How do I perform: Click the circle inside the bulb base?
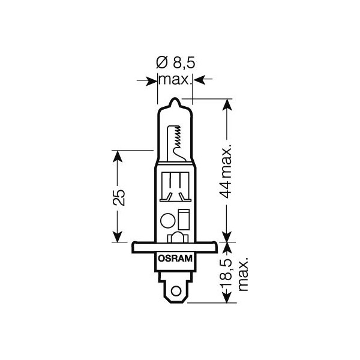168,220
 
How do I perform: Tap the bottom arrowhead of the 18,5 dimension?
226,298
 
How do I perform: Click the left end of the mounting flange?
133,246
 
